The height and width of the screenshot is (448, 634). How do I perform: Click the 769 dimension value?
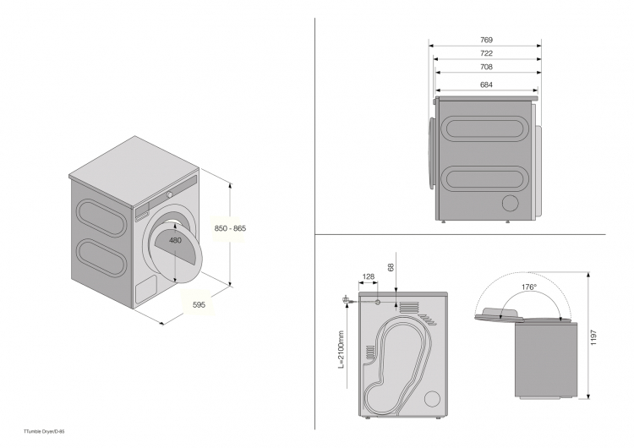[x=486, y=40]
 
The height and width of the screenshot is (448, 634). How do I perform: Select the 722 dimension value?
[x=486, y=54]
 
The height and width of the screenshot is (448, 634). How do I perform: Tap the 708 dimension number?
[x=486, y=68]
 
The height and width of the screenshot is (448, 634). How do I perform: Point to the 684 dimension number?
[x=486, y=85]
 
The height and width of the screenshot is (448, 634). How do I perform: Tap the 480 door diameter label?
[x=175, y=241]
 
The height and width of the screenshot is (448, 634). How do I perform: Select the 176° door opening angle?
[x=529, y=288]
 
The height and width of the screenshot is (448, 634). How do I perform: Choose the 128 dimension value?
[x=369, y=277]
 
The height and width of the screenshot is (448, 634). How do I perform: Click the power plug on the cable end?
[x=347, y=299]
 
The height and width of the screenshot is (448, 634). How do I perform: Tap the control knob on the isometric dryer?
[x=169, y=194]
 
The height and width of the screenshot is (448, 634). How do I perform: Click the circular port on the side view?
[x=511, y=203]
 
